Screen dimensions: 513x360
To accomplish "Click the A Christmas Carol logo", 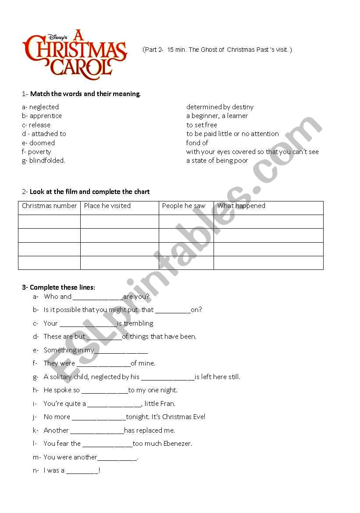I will (x=75, y=54).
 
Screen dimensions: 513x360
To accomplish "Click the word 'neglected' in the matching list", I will (x=44, y=107).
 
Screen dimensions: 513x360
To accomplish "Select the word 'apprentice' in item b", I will (x=46, y=116).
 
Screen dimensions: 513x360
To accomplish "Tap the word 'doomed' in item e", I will (x=42, y=143).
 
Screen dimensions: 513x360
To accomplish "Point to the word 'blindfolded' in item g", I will (x=47, y=161).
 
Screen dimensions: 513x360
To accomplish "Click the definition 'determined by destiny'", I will (x=220, y=107).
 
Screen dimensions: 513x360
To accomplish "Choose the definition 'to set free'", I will (x=201, y=125).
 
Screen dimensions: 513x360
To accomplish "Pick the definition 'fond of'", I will (x=197, y=143).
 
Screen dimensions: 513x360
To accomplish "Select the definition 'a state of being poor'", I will (x=217, y=161).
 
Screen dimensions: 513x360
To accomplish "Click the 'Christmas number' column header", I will (x=49, y=206).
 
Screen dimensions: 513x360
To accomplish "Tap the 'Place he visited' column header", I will (x=107, y=206).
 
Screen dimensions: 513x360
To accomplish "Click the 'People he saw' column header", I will (x=183, y=206).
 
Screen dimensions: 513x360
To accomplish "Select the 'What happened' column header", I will (x=241, y=206).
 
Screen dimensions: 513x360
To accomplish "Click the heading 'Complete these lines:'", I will (x=62, y=288).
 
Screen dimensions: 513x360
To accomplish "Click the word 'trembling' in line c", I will (x=139, y=323).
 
